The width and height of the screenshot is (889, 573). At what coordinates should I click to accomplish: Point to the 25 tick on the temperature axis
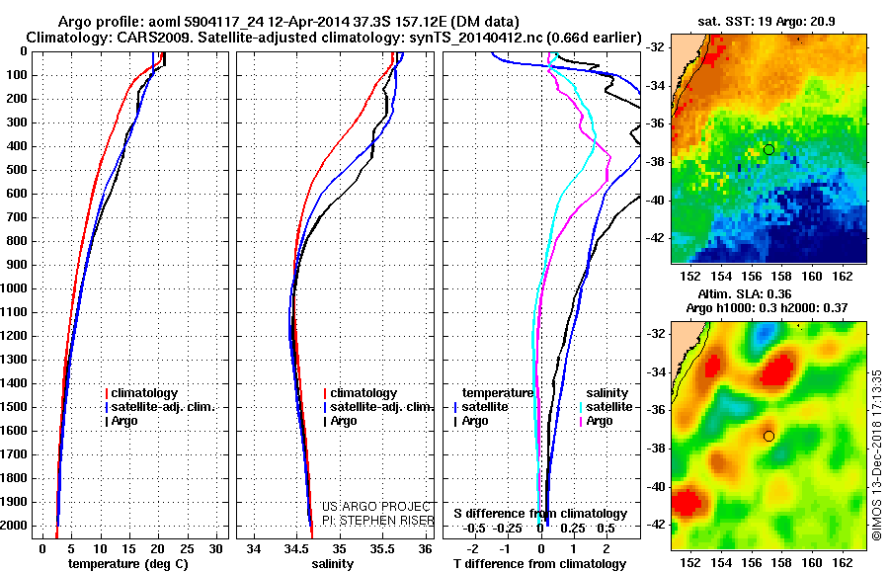[x=187, y=549]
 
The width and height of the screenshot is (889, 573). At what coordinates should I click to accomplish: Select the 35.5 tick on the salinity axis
[x=382, y=549]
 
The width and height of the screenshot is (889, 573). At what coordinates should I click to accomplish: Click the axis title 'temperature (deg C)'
[x=128, y=564]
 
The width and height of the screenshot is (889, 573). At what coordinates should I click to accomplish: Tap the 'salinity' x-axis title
[x=333, y=564]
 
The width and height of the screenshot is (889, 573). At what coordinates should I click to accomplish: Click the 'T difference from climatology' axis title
[x=539, y=564]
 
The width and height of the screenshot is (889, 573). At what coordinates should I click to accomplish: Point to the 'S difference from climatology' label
[x=540, y=514]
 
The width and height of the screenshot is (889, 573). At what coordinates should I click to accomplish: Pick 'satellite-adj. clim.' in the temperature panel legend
[x=163, y=407]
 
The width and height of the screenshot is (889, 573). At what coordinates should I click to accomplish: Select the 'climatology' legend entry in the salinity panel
[x=364, y=393]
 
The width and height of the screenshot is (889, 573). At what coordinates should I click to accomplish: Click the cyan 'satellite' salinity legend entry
[x=608, y=407]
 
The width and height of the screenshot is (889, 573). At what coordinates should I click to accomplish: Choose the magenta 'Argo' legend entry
[x=600, y=421]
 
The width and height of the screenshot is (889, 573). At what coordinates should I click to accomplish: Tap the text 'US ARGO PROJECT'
[x=376, y=507]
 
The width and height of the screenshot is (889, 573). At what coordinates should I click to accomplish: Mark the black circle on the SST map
[x=768, y=150]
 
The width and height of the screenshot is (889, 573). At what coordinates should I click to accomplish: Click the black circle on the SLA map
[x=768, y=437]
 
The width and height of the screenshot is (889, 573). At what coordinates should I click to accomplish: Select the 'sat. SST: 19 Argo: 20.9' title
[x=766, y=22]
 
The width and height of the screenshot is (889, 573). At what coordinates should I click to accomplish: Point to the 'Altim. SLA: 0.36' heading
[x=745, y=293]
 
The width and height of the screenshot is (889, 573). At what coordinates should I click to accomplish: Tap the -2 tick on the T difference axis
[x=472, y=549]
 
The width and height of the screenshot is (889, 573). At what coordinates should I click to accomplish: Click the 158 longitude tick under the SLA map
[x=781, y=563]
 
